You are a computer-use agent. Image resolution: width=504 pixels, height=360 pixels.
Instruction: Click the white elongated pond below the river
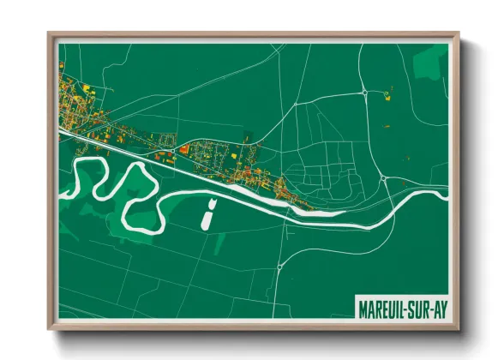(207, 214)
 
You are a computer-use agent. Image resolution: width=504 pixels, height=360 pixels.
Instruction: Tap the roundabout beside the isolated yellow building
(364, 91)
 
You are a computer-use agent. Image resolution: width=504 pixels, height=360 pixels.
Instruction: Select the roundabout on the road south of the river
(279, 267)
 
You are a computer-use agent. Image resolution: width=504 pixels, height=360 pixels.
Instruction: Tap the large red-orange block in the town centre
(183, 149)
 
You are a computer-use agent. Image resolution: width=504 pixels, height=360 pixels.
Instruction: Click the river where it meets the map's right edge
(444, 194)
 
